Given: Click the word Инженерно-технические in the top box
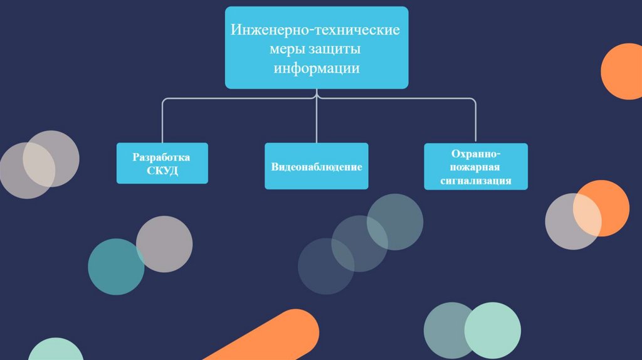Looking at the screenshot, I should coord(316,29).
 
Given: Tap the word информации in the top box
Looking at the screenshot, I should coord(316,68).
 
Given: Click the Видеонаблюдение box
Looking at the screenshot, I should coord(316,167).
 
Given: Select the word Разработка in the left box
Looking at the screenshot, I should coord(161,157).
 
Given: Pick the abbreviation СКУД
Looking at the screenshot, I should coord(162,171).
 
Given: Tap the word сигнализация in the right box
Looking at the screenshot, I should coord(476,181).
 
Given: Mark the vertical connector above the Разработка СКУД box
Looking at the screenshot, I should coord(162,122).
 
